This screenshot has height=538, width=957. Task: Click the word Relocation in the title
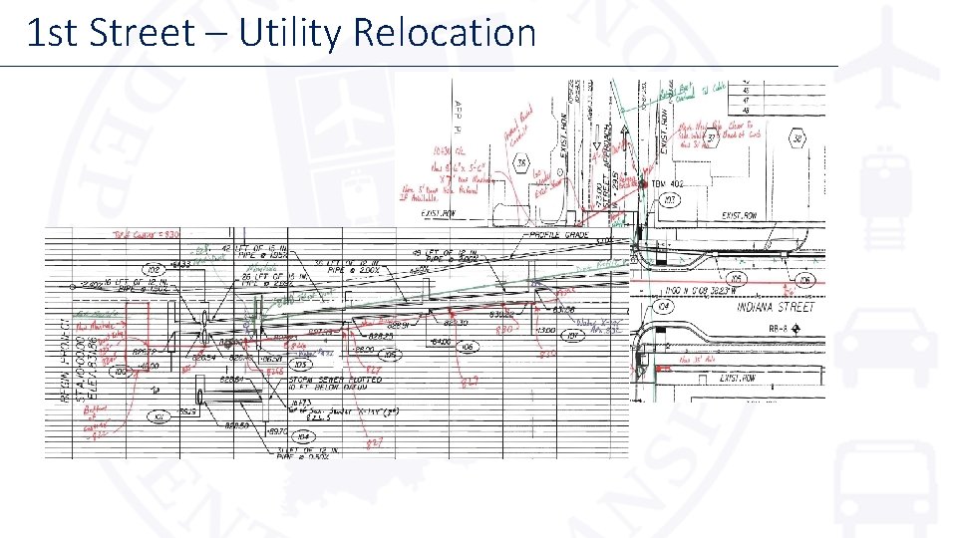[x=444, y=33]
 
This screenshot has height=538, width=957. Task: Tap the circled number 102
[x=155, y=269]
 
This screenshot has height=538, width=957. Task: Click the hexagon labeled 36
[x=520, y=162]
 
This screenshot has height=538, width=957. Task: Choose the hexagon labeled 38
[x=797, y=138]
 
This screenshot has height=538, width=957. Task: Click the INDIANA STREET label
[x=776, y=308]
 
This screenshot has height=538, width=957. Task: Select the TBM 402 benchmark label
[x=668, y=184]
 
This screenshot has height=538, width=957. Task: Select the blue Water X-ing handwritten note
[x=598, y=326]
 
